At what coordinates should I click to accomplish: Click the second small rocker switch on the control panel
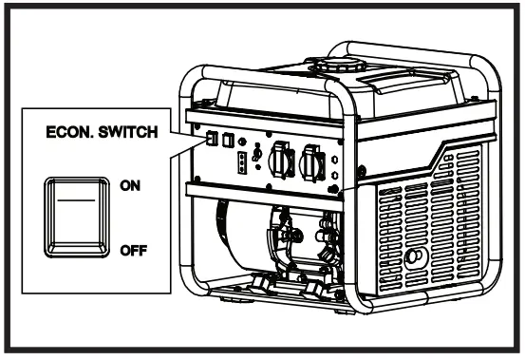click(229, 140)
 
